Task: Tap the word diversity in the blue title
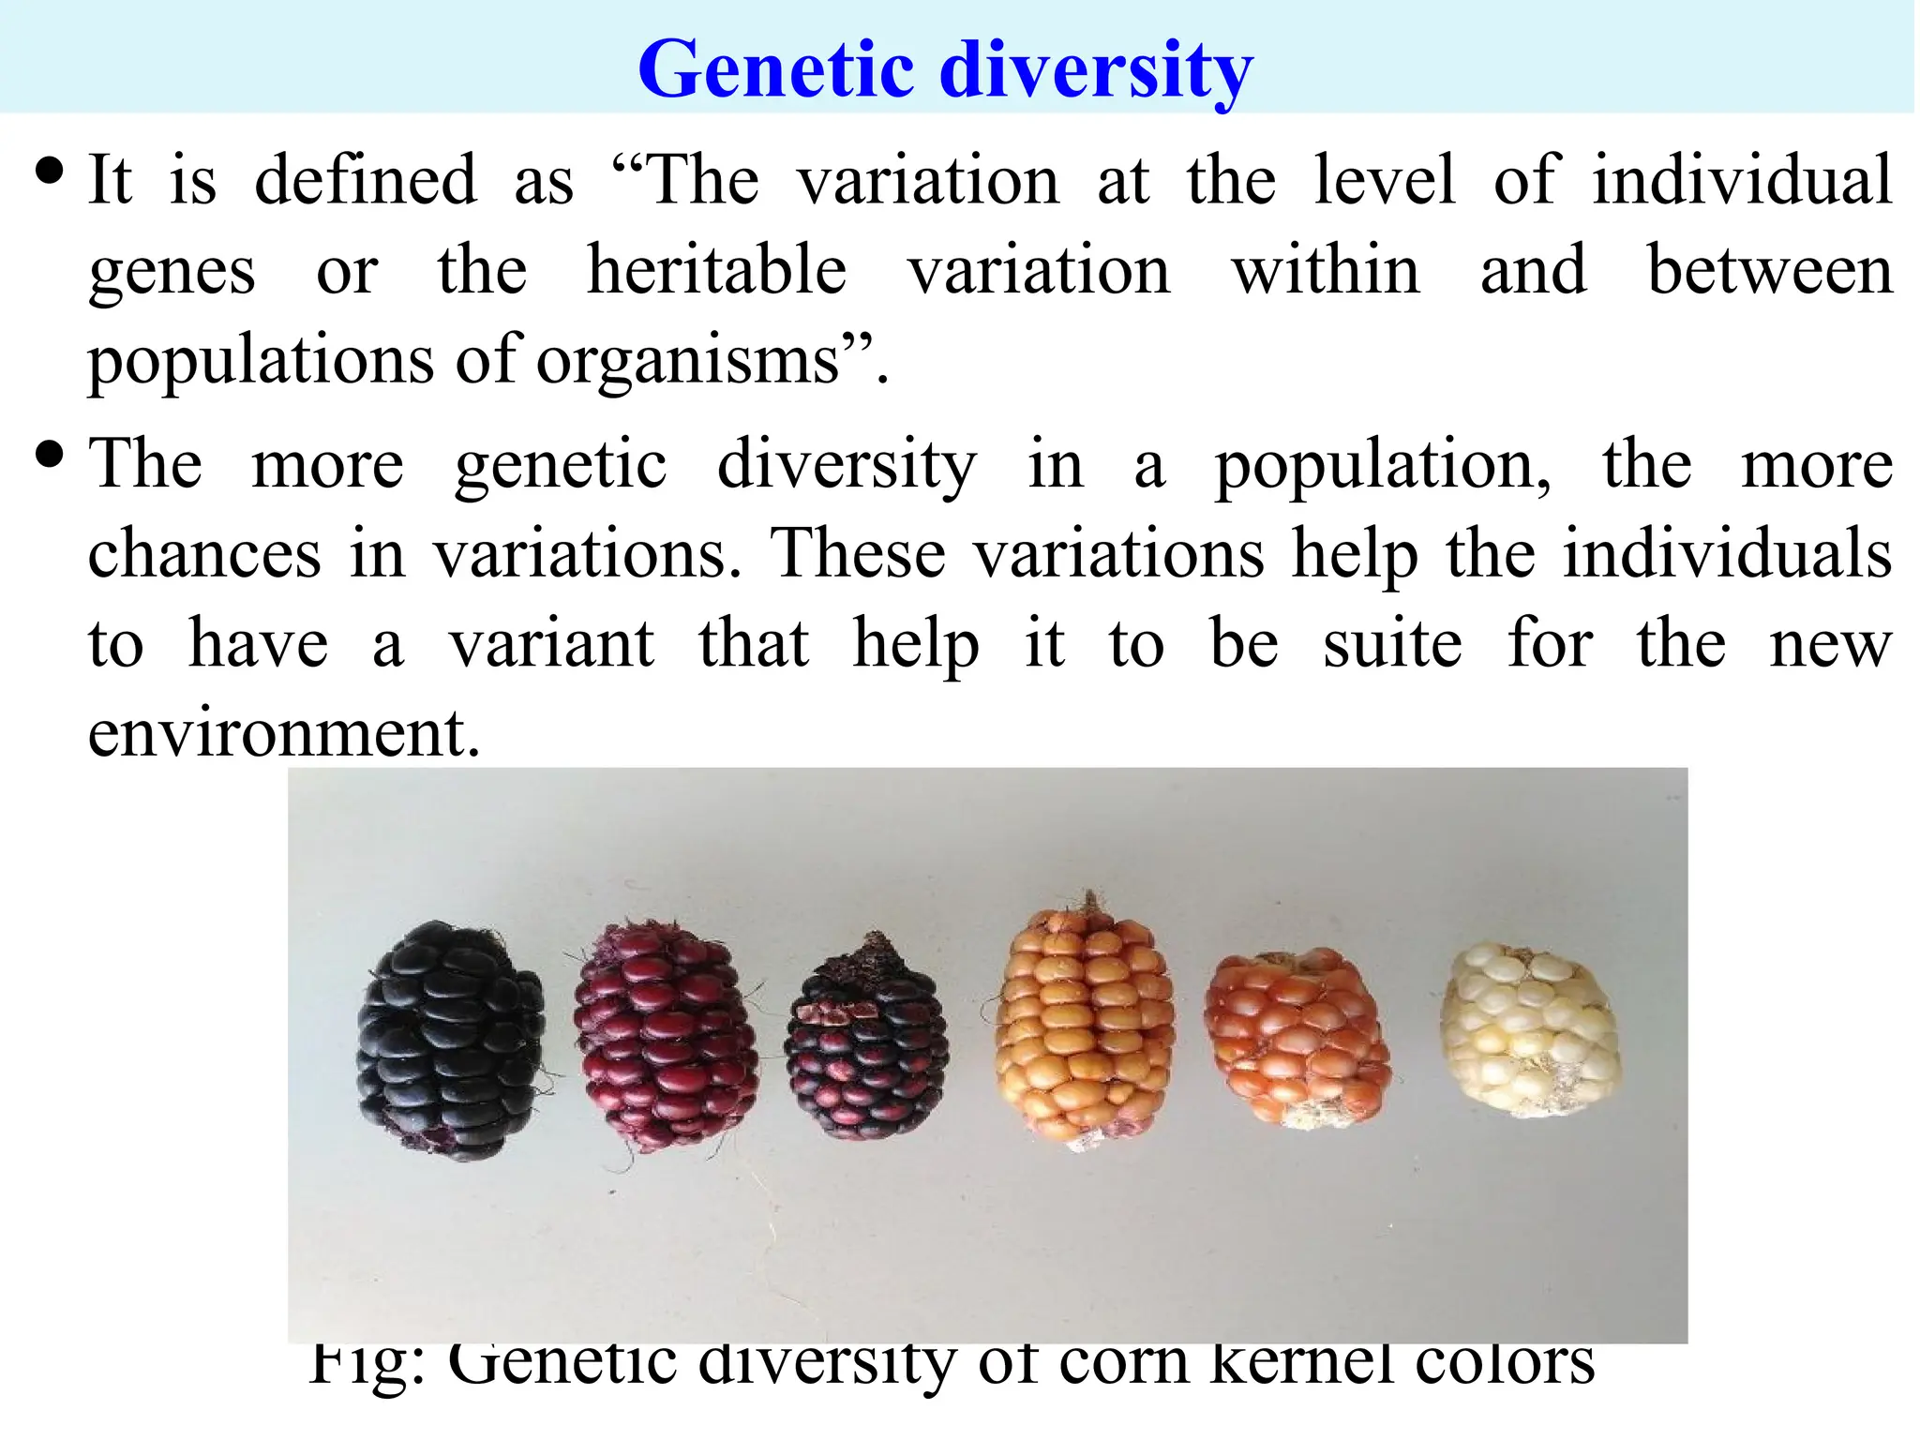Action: pos(1096,70)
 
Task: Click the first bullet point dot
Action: pos(49,172)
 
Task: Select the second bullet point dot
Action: pos(49,456)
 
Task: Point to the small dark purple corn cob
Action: pos(867,1041)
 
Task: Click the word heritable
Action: pos(716,271)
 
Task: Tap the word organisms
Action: pos(688,362)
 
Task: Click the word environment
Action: pos(283,733)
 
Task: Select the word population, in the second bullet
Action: pos(1382,466)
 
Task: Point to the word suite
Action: pos(1391,645)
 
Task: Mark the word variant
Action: pos(551,645)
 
